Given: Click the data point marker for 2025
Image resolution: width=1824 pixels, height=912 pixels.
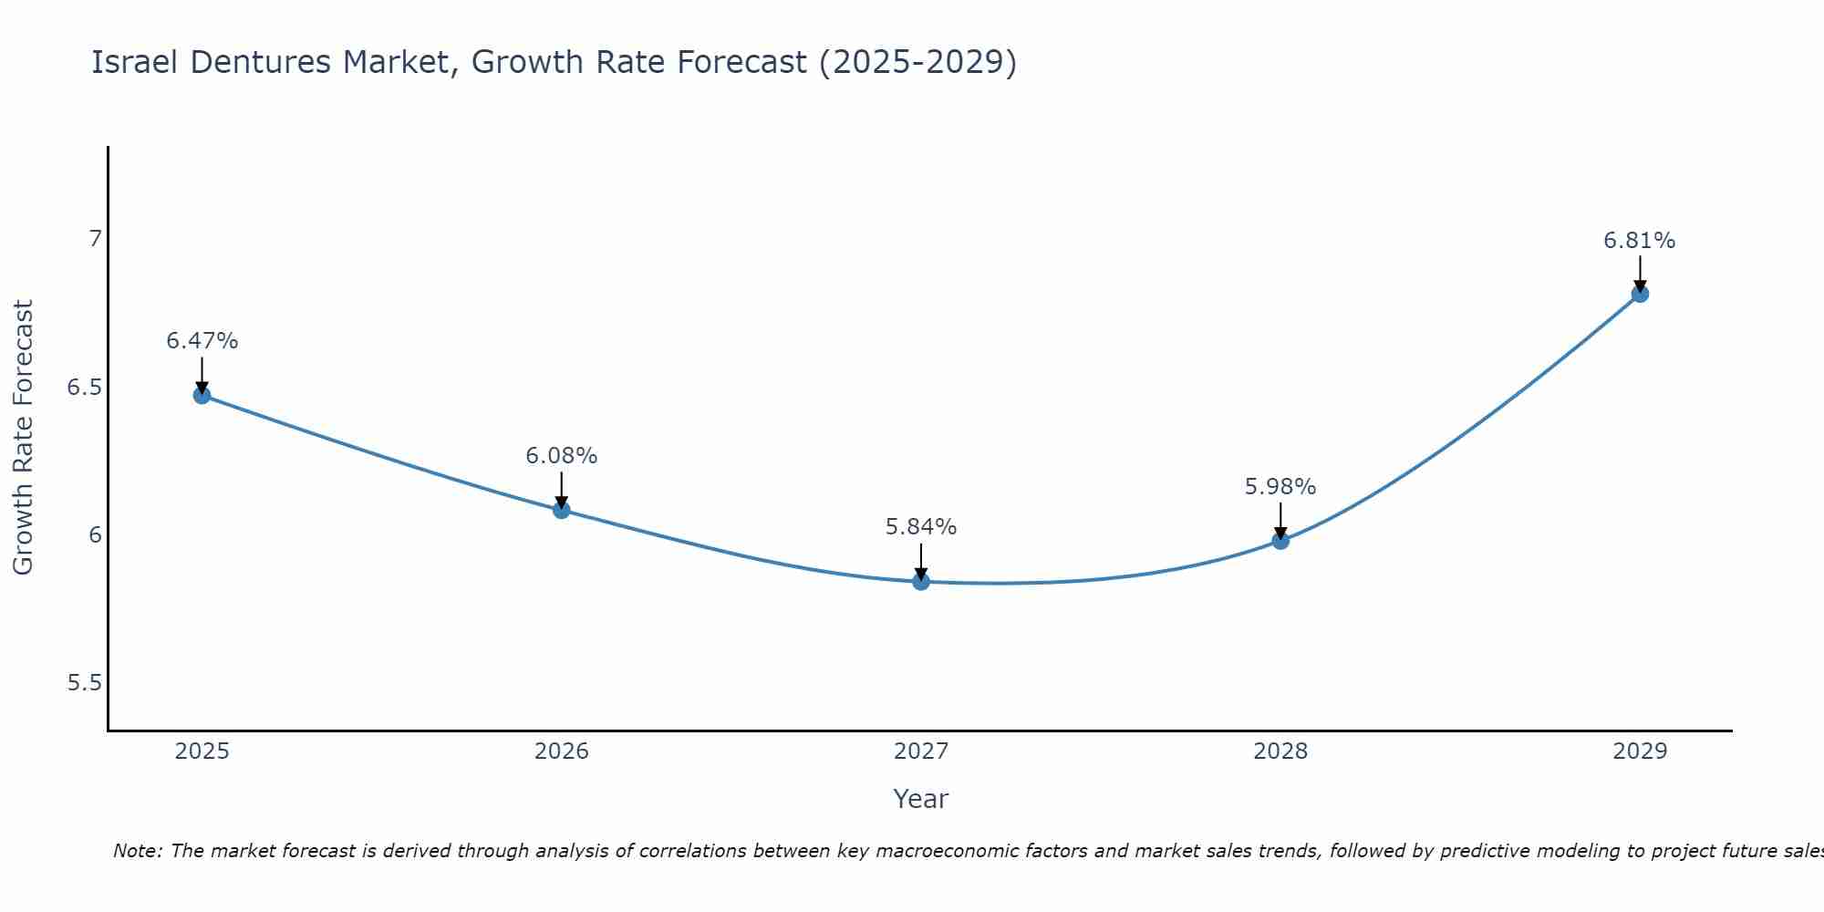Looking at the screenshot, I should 202,395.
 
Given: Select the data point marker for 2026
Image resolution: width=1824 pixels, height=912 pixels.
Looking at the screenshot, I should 562,510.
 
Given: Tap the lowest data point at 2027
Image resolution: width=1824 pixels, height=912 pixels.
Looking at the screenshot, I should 921,581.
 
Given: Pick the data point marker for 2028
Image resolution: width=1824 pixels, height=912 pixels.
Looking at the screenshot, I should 1280,540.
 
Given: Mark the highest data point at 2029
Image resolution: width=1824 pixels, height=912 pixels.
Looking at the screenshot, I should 1640,294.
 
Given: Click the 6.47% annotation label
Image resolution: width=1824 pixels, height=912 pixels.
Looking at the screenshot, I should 202,341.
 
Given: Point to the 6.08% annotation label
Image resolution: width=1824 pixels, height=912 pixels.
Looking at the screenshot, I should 562,456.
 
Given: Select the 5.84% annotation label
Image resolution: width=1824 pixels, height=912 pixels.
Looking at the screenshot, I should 921,527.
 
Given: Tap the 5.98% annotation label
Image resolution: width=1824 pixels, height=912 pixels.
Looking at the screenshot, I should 1280,487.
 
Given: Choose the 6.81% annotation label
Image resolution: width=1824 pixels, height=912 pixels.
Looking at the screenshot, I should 1640,241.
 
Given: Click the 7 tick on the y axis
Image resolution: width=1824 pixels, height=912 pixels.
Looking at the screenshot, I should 95,239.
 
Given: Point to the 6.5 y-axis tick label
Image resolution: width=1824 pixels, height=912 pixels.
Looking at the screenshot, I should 84,388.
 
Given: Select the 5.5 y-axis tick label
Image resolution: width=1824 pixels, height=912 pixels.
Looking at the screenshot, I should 84,683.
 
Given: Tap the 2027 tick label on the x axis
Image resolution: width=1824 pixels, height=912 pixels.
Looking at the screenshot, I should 921,751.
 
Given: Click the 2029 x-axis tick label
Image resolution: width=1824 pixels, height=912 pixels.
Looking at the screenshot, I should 1640,751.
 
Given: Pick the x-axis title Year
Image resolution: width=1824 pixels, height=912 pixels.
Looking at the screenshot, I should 921,799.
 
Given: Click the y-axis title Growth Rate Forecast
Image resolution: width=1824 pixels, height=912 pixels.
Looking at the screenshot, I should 23,438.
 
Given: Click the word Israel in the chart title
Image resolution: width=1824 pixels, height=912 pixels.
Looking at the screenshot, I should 136,62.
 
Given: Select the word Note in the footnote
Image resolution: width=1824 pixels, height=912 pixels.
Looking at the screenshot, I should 137,851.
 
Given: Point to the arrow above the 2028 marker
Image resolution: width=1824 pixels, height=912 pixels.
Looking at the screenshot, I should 1280,521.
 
